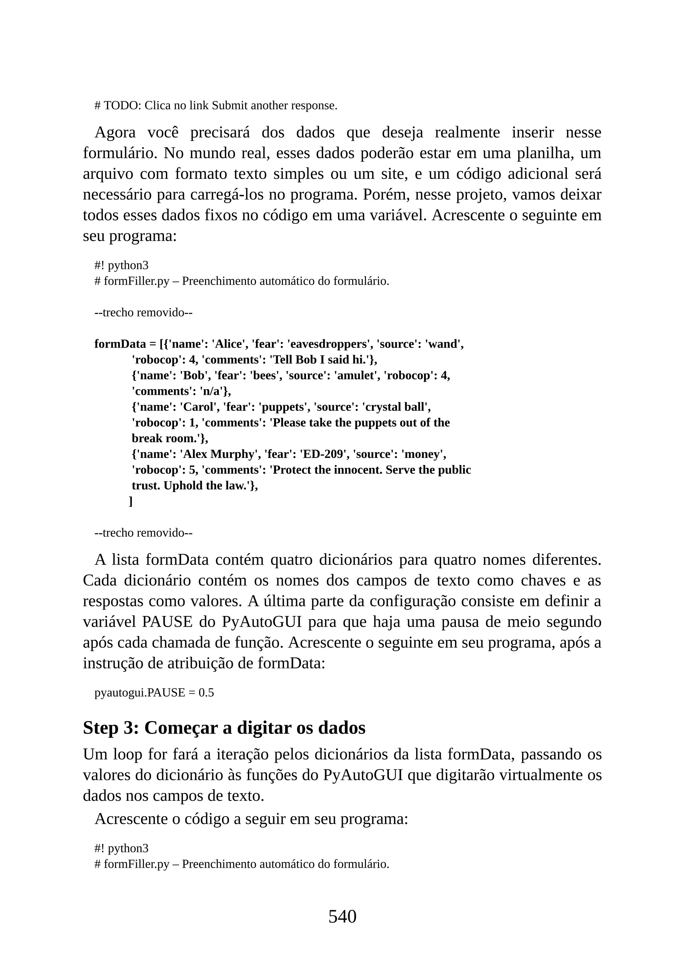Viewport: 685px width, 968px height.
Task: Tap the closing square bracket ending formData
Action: [131, 501]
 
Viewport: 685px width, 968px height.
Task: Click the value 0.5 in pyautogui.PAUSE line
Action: [206, 693]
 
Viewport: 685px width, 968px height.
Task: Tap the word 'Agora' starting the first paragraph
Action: [115, 132]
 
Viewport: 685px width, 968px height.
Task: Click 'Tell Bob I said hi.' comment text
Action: [321, 360]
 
